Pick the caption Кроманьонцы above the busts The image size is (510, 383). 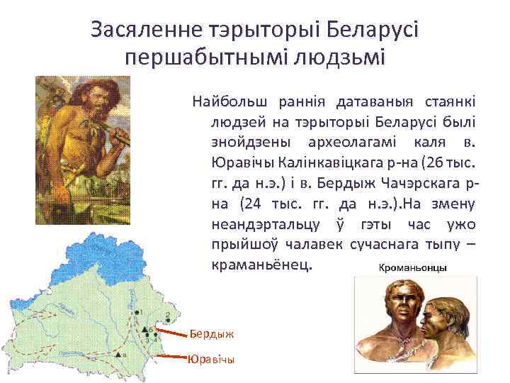pos(412,269)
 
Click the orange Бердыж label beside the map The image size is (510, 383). pos(210,333)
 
